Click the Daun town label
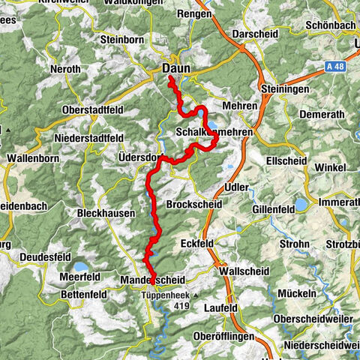[177, 68]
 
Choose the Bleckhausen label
[106, 214]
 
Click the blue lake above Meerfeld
[79, 266]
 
